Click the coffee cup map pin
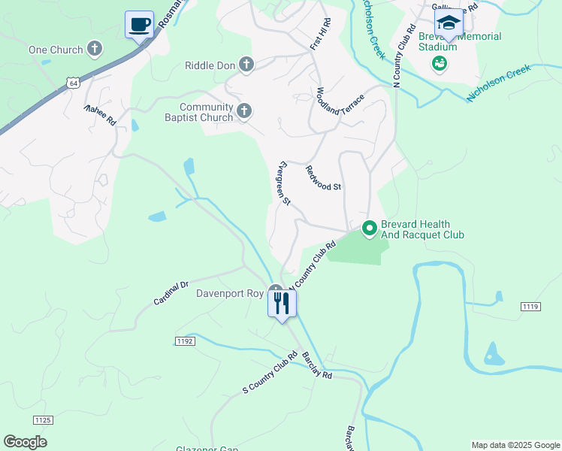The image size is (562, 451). (140, 24)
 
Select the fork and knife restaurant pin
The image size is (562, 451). (283, 304)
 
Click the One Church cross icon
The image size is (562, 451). (95, 50)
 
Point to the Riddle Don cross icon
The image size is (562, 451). (246, 65)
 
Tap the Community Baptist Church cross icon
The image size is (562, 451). (243, 112)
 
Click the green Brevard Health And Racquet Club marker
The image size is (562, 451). (369, 229)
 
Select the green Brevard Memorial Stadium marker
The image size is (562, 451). (439, 64)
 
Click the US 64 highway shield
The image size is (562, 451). (71, 83)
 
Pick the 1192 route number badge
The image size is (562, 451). (185, 341)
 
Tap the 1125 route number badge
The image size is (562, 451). (44, 419)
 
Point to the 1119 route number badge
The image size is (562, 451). (530, 306)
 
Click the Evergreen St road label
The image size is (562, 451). (283, 183)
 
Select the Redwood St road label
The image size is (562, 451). (324, 177)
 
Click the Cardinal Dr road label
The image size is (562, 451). (171, 293)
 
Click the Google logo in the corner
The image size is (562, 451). (25, 442)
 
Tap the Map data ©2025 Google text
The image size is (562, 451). (515, 445)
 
